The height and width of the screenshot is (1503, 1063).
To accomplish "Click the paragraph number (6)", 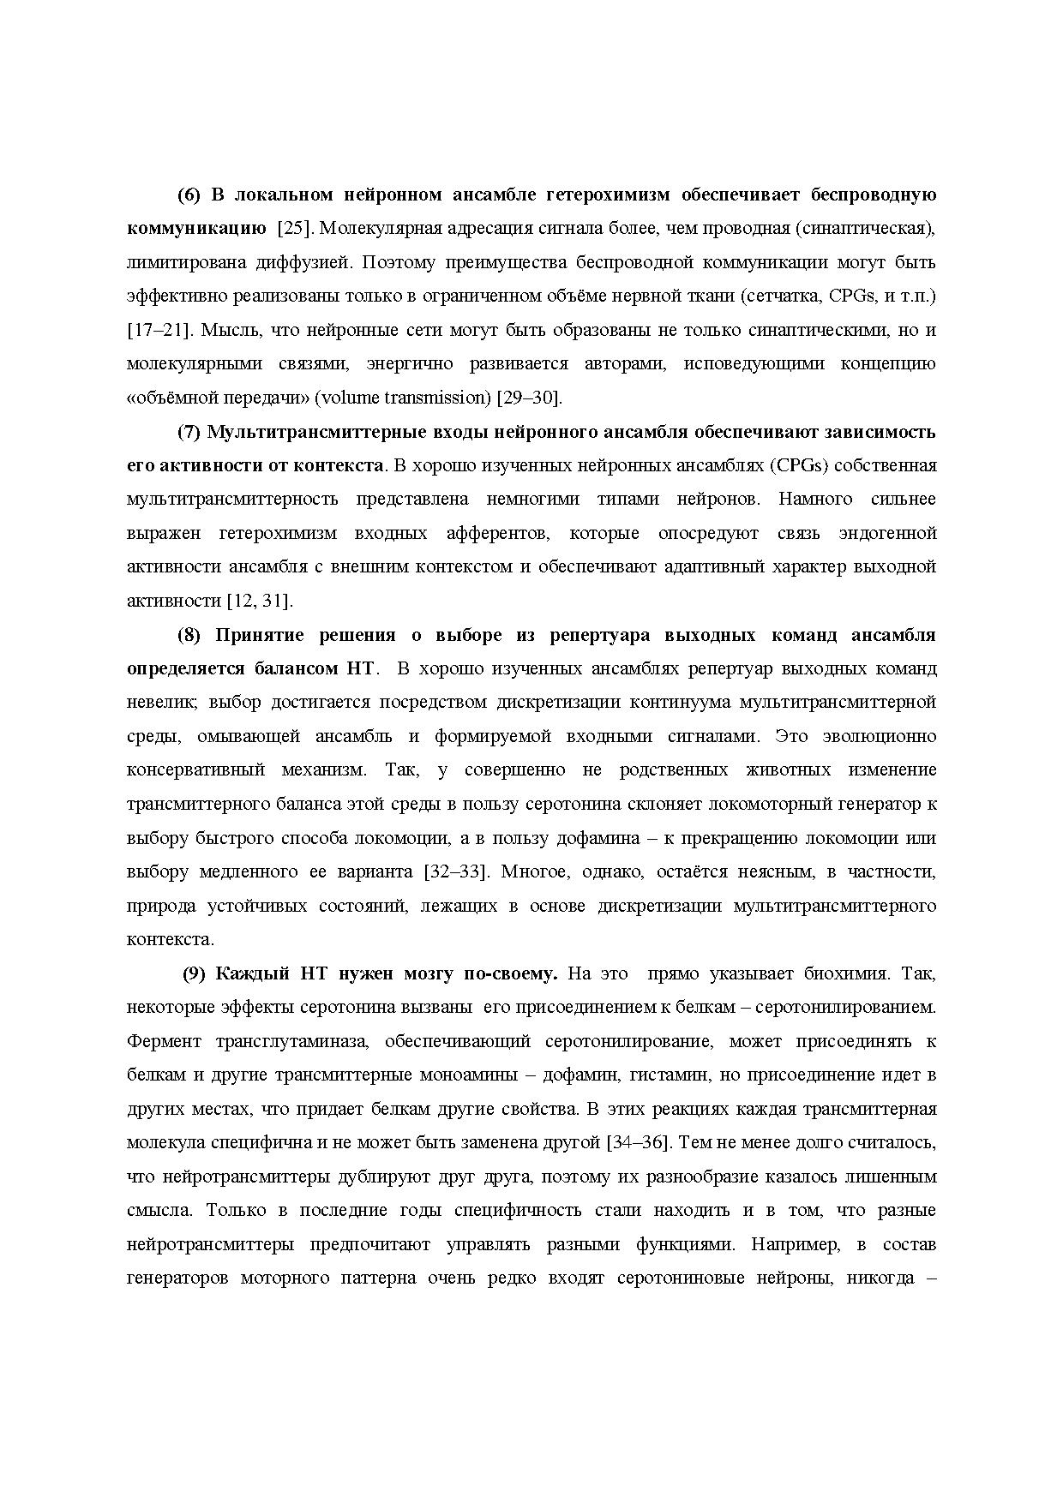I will pos(189,195).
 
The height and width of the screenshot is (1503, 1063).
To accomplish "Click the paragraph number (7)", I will pos(189,432).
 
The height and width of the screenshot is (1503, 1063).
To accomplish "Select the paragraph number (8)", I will pos(189,635).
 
